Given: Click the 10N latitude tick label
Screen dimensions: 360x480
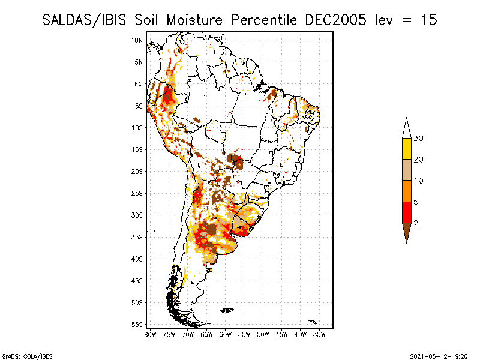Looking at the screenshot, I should [x=137, y=40].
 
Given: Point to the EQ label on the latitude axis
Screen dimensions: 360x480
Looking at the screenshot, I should [x=139, y=84].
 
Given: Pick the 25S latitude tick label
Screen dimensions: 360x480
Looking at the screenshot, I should [x=137, y=193].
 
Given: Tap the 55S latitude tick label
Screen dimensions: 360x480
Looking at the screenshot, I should [x=137, y=325].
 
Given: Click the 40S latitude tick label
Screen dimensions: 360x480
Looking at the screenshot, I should [x=137, y=259].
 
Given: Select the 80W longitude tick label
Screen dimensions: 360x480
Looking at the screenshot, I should [x=150, y=334].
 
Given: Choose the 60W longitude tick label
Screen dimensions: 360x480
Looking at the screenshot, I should [x=226, y=334].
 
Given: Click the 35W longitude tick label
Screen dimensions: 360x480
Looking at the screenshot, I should [x=320, y=334].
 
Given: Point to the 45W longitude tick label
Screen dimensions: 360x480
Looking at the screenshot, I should [x=282, y=334].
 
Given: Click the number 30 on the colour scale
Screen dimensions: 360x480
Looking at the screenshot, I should [x=419, y=139].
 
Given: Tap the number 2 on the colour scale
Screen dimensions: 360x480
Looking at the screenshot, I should [x=416, y=223].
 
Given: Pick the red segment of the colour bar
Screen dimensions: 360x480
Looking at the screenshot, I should [x=406, y=212].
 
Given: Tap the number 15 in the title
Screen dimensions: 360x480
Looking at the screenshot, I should [x=428, y=20].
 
